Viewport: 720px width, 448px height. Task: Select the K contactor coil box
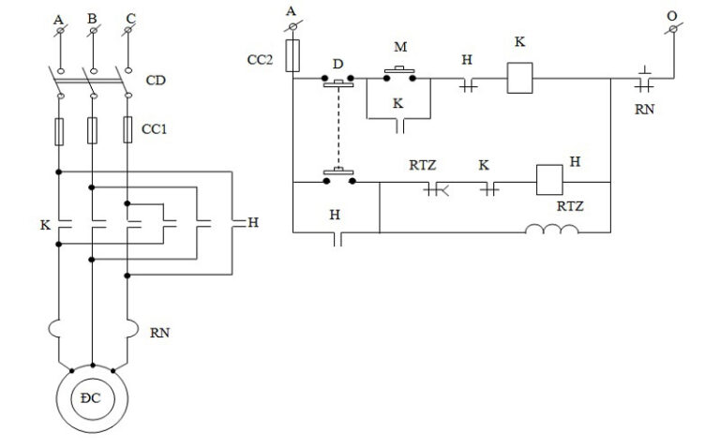519,78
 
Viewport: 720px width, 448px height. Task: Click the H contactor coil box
547,179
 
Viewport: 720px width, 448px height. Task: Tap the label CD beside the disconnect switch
157,81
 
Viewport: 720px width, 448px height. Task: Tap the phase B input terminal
92,33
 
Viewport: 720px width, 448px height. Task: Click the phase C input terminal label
128,18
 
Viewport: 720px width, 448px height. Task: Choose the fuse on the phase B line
92,130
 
